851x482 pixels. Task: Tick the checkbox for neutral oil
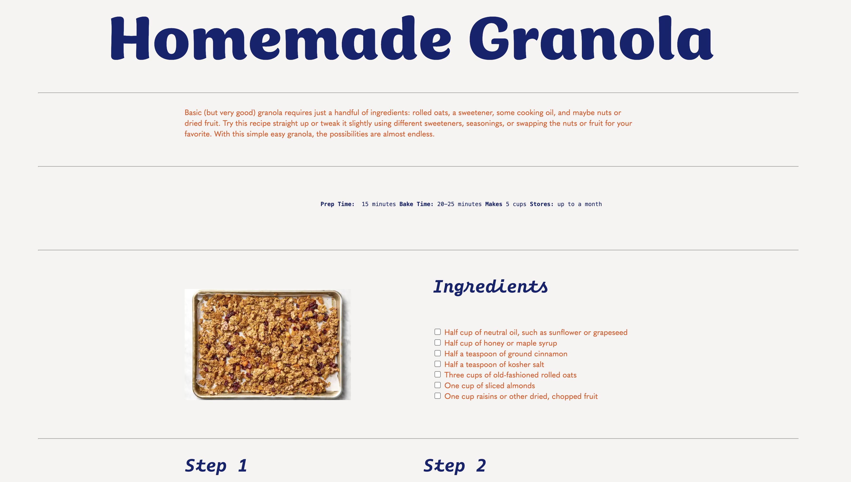pyautogui.click(x=437, y=332)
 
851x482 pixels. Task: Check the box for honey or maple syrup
pyautogui.click(x=437, y=343)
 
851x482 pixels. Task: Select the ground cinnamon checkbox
pyautogui.click(x=437, y=353)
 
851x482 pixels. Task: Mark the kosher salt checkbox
pyautogui.click(x=437, y=364)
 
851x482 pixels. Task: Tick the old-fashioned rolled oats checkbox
pyautogui.click(x=437, y=374)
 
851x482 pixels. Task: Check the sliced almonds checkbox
pyautogui.click(x=437, y=385)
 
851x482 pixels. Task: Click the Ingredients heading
pyautogui.click(x=490, y=287)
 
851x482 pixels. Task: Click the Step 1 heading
pyautogui.click(x=216, y=465)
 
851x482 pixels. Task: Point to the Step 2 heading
pyautogui.click(x=455, y=465)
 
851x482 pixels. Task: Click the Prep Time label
pyautogui.click(x=337, y=204)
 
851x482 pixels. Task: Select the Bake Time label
pyautogui.click(x=416, y=204)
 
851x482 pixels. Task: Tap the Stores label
pyautogui.click(x=541, y=204)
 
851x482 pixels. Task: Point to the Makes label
pyautogui.click(x=493, y=204)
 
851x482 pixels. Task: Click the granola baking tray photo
pyautogui.click(x=268, y=344)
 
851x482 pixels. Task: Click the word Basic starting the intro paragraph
pyautogui.click(x=193, y=113)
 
